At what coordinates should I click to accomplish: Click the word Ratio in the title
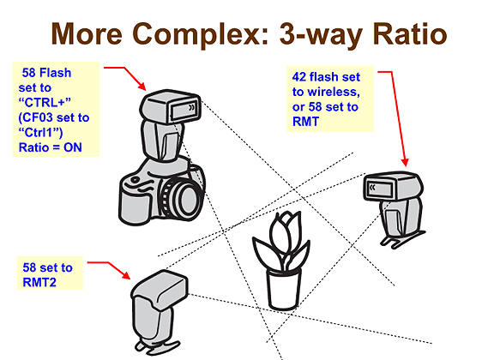[x=410, y=33]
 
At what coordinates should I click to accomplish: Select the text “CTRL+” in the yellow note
[x=45, y=102]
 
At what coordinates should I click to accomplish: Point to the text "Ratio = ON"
[x=51, y=147]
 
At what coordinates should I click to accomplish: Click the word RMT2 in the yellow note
[x=39, y=282]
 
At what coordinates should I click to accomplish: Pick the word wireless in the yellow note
[x=334, y=92]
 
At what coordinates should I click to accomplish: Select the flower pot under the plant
[x=284, y=289]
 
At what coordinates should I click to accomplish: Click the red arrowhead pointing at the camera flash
[x=142, y=86]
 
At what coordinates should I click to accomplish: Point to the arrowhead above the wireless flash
[x=405, y=162]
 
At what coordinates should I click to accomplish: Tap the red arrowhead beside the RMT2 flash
[x=126, y=274]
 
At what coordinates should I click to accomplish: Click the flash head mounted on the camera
[x=170, y=106]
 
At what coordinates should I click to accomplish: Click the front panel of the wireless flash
[x=380, y=189]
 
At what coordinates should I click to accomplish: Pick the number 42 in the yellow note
[x=299, y=77]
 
